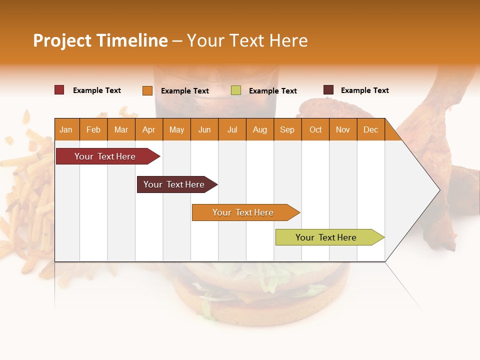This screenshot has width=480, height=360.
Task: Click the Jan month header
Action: coord(66,129)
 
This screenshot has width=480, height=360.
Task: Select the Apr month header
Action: coord(148,129)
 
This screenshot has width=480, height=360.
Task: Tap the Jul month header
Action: coord(232,129)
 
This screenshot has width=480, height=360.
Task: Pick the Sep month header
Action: coord(287,129)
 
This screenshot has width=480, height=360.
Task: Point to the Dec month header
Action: coord(370,129)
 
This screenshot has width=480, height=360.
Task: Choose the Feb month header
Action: coord(93,129)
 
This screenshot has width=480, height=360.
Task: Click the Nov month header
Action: coord(342,129)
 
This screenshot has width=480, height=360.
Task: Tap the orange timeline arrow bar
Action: coord(243,212)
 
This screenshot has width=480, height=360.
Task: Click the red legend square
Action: coord(59,90)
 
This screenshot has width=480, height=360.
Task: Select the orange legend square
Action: coord(147,90)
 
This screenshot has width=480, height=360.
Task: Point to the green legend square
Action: coord(236,90)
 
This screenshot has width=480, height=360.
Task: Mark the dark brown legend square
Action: coord(328,90)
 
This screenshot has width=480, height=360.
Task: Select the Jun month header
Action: coord(204,129)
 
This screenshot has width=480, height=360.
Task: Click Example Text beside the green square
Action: coord(273,91)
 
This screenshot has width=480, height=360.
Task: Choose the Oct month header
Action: coord(315,129)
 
